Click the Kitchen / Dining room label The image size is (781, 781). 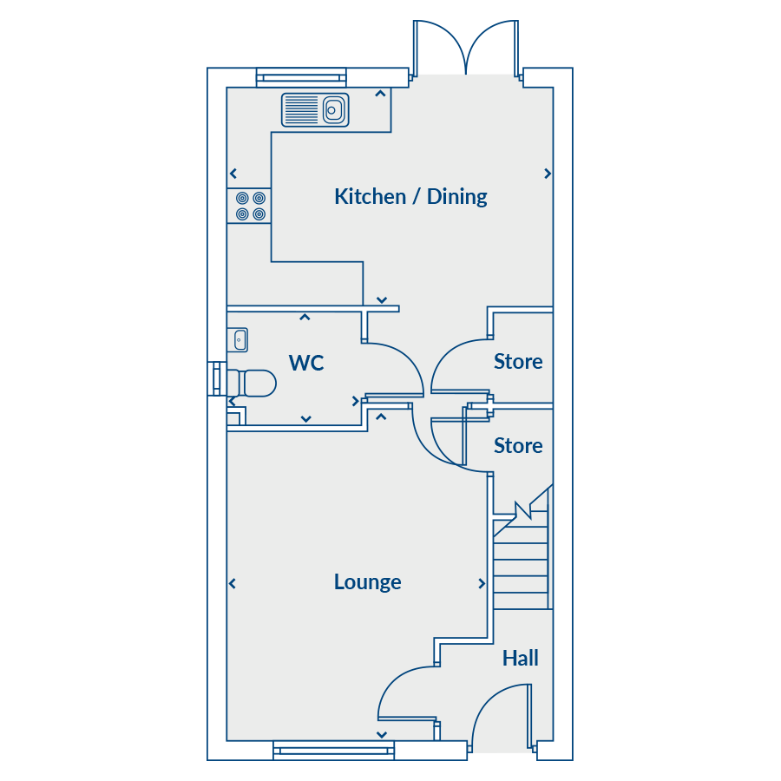click(x=410, y=197)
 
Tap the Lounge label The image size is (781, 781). click(x=368, y=581)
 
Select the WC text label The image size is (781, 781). click(x=306, y=363)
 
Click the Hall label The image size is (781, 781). click(x=521, y=658)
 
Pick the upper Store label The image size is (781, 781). click(x=518, y=362)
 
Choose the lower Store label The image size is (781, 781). click(x=518, y=446)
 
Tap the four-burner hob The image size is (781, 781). click(x=249, y=206)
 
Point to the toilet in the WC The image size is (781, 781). click(x=251, y=383)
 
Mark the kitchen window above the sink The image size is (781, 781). click(x=301, y=77)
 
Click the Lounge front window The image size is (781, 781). click(x=333, y=751)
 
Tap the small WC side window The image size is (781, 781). click(x=217, y=378)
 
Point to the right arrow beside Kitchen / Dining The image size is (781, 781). click(x=548, y=174)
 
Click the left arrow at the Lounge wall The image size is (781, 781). click(x=233, y=583)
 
